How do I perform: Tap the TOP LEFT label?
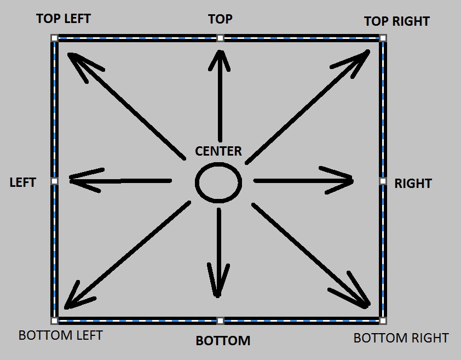click(x=64, y=19)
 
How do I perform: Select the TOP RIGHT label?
click(x=396, y=21)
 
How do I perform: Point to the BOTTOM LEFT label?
click(x=60, y=335)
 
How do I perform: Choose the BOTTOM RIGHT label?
click(x=401, y=338)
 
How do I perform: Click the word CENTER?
click(x=218, y=151)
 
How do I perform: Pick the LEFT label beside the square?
click(x=22, y=182)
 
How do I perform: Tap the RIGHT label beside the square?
click(x=413, y=184)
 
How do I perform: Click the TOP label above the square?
click(x=220, y=19)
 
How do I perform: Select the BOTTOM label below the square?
click(x=223, y=341)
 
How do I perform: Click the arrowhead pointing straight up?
click(x=220, y=58)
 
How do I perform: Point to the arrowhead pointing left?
click(x=79, y=179)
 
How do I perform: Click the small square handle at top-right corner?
click(x=383, y=38)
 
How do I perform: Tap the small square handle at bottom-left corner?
click(x=54, y=321)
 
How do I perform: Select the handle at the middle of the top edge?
click(x=220, y=38)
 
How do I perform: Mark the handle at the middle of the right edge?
click(x=383, y=181)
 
